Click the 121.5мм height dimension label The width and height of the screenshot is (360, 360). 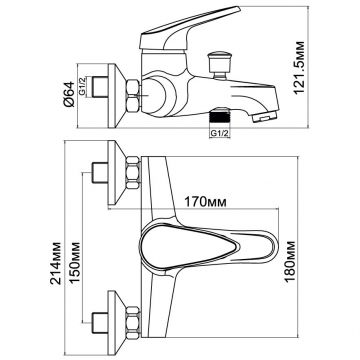click(x=300, y=68)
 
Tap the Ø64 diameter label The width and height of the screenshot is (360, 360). click(x=69, y=94)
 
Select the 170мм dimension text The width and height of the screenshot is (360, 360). click(x=206, y=202)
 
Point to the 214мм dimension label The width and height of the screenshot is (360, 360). click(x=56, y=263)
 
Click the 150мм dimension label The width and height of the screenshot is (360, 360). click(x=75, y=263)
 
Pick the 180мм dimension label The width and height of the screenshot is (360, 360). click(x=290, y=261)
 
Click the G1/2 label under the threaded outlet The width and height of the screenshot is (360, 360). click(x=220, y=133)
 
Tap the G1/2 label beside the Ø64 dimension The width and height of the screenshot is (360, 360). click(x=83, y=87)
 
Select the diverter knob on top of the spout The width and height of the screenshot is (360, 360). click(x=219, y=64)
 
